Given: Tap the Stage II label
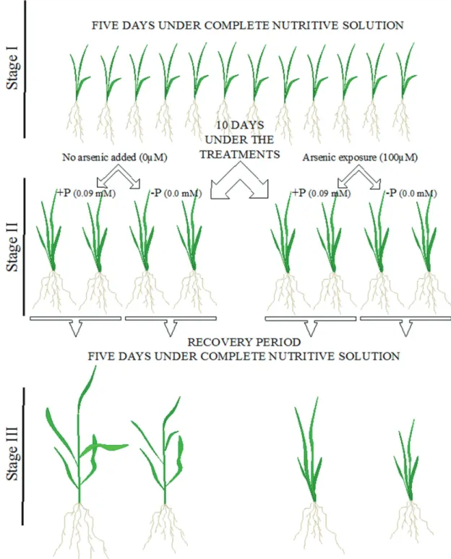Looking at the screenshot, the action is coord(12,247).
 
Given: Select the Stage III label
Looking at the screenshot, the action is coord(12,454).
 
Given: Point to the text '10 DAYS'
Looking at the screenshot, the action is coord(240,125).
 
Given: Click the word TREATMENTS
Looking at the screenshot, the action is coord(240,155).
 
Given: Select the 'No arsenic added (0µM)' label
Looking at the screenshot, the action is coord(114,157).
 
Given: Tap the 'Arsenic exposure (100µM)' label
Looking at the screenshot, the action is coord(360,157).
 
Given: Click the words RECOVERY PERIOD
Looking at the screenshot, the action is coord(244,342).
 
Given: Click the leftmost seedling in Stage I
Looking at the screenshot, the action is coord(77,92).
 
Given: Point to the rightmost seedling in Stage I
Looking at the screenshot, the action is coord(403,92).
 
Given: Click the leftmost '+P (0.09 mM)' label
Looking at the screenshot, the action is coord(86,194).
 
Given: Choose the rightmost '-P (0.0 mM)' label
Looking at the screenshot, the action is coord(411,194).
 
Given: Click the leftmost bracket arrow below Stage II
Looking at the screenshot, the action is coord(76,324).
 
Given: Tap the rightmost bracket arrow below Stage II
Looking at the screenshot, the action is coord(405,324).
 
